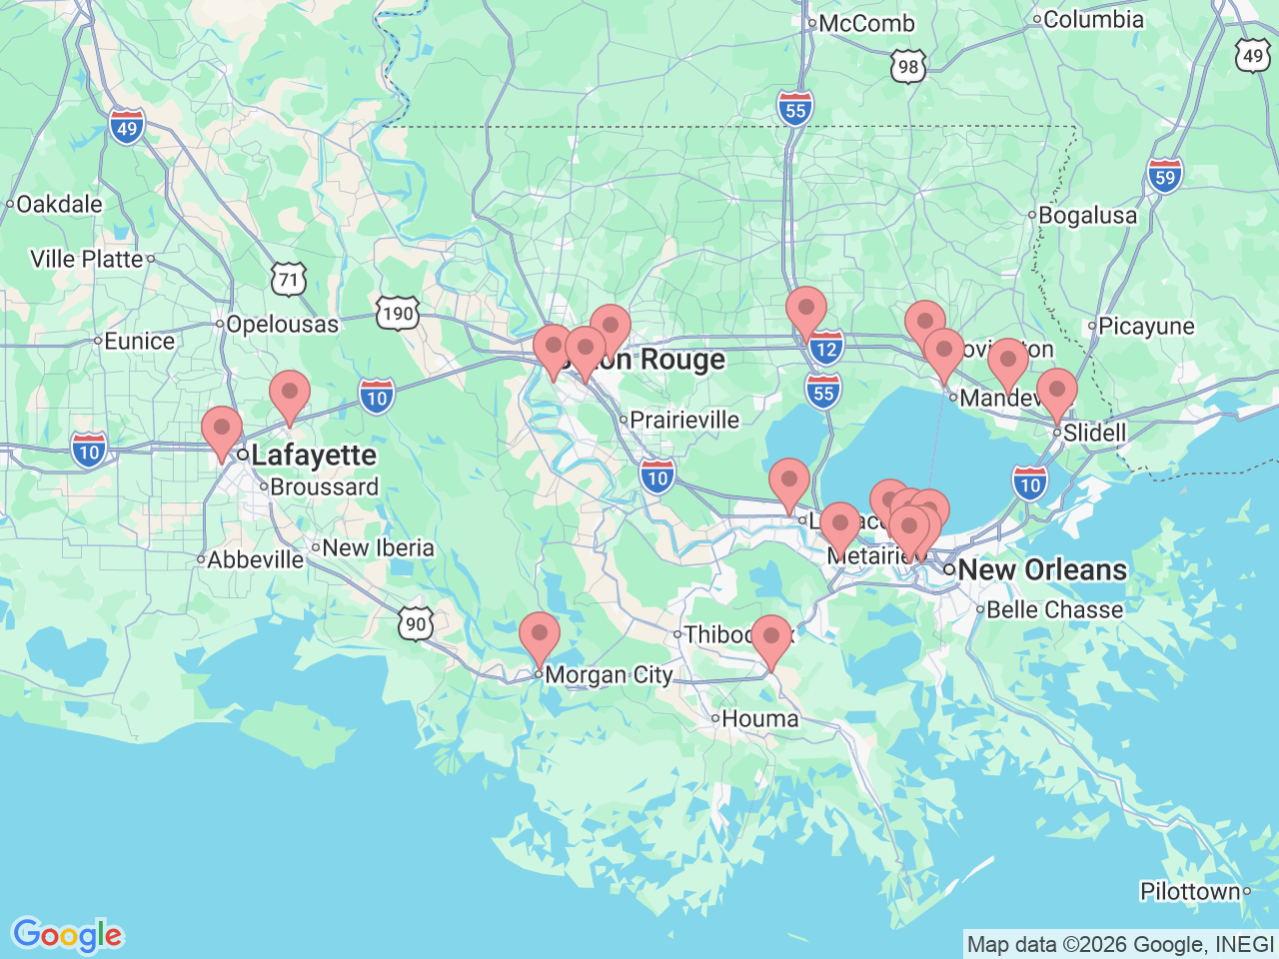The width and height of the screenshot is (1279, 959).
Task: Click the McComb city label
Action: pos(865,23)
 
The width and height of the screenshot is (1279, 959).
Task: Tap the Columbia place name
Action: pos(1093,19)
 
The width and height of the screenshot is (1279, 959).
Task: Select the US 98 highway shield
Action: pos(907,67)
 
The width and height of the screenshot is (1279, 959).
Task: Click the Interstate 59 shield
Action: pos(1165,177)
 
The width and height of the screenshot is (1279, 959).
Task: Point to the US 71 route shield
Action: pos(289,279)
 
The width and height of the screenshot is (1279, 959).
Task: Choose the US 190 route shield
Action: pos(397,313)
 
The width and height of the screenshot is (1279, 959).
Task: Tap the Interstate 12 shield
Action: pos(825,349)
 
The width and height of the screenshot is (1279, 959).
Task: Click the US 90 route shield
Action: pos(416,624)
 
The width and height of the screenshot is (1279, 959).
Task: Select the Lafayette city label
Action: pos(314,456)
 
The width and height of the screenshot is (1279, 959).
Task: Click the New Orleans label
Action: pos(1042,569)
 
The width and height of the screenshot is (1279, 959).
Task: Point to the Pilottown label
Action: pos(1190,891)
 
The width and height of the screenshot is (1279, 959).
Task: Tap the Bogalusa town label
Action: pos(1087,215)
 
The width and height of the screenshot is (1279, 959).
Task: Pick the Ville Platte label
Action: pos(87,259)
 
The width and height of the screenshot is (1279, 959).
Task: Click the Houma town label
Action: pos(759,718)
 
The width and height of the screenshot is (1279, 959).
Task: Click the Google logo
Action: pos(67,935)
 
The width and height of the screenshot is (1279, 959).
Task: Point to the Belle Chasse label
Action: pos(1054,609)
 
